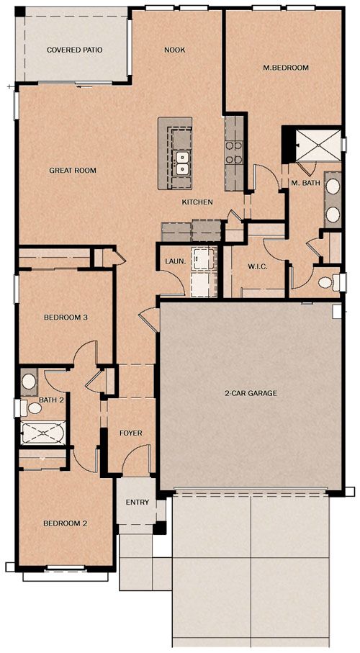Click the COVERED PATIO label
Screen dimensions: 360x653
[75, 50]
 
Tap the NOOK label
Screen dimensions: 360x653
[174, 50]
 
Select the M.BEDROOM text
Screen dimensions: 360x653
[286, 68]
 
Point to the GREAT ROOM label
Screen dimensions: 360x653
[73, 171]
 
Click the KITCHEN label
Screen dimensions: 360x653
[197, 202]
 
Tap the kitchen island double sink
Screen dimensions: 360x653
[181, 163]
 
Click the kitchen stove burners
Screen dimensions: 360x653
[234, 153]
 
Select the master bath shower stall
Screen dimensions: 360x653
[318, 145]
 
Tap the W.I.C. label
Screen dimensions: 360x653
[258, 266]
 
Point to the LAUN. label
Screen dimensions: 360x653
[173, 261]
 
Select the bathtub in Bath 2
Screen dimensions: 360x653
[43, 433]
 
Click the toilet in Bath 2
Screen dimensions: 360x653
[33, 407]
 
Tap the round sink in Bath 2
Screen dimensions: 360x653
[28, 382]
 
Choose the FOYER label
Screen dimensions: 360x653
[131, 433]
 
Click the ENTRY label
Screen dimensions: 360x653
[138, 503]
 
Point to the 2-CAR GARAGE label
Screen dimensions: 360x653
[251, 392]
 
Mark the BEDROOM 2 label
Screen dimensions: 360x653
[66, 523]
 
